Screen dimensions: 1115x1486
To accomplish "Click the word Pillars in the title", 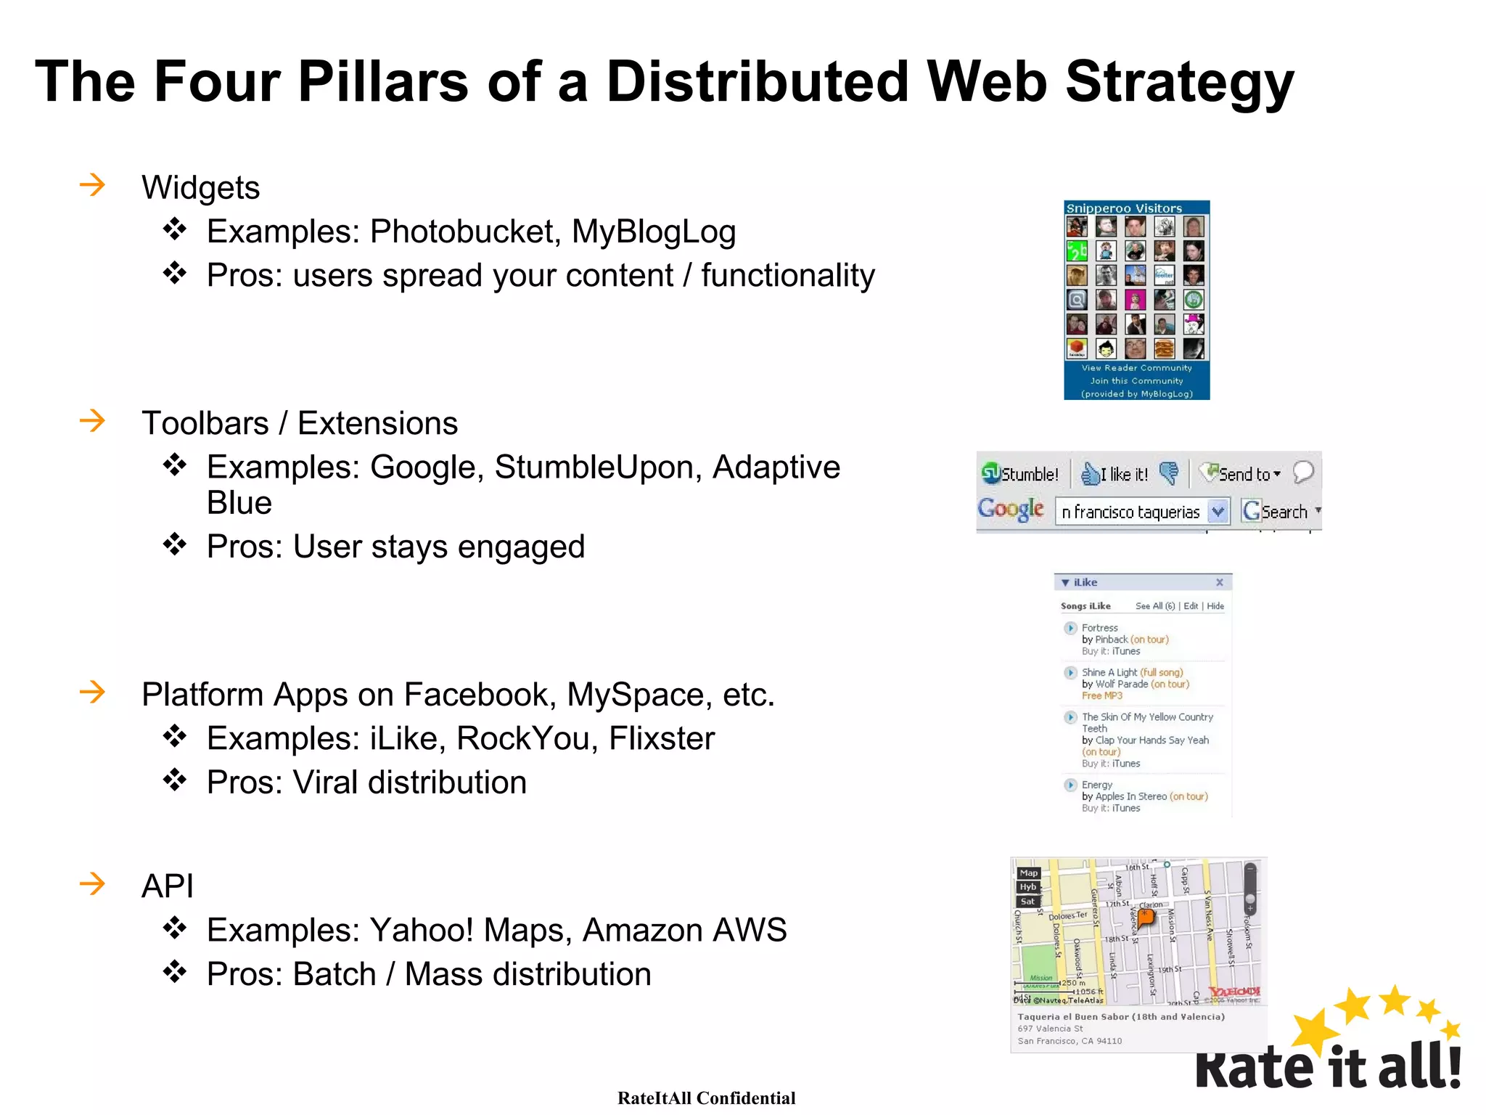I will click(x=382, y=81).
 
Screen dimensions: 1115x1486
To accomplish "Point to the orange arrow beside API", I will click(x=92, y=883).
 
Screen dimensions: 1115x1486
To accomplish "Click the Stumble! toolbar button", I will click(x=1021, y=474).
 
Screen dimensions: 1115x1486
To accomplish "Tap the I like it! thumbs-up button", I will click(x=1114, y=474).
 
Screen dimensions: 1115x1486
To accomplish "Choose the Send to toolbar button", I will click(x=1239, y=474).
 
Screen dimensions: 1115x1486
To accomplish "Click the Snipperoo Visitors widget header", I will click(x=1124, y=208).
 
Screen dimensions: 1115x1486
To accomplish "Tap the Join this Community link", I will click(x=1136, y=380).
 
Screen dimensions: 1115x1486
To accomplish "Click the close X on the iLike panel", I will click(x=1220, y=582).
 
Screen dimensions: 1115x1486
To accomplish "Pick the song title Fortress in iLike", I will click(x=1099, y=627).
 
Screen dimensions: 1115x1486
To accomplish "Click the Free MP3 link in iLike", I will click(x=1101, y=695).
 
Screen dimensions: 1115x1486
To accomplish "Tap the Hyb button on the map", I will click(x=1027, y=886).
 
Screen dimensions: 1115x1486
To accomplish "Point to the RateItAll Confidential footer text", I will click(x=706, y=1098).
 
